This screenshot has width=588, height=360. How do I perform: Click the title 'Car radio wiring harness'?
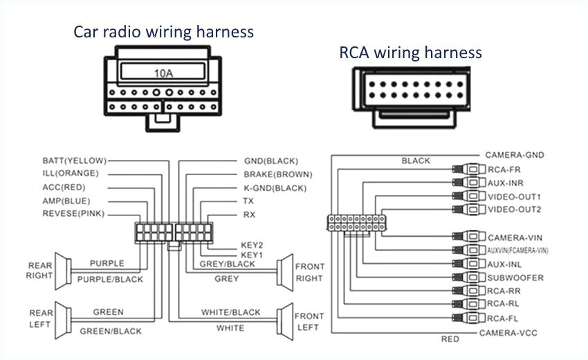(x=164, y=32)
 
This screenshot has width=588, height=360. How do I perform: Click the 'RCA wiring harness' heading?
(x=410, y=53)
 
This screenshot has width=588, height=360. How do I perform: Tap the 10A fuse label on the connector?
(x=163, y=72)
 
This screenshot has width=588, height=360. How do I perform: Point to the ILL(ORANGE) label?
(x=71, y=174)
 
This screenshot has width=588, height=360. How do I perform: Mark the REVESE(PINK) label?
(x=73, y=214)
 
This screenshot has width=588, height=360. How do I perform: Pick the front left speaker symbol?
(x=284, y=321)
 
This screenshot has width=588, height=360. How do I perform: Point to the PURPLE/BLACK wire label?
(x=110, y=279)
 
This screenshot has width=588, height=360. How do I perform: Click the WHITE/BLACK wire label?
(x=231, y=313)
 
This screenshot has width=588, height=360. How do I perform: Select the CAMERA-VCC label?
(x=507, y=333)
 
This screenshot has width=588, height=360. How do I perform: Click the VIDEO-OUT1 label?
(x=514, y=197)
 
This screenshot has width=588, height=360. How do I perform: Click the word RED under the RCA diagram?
(x=450, y=339)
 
